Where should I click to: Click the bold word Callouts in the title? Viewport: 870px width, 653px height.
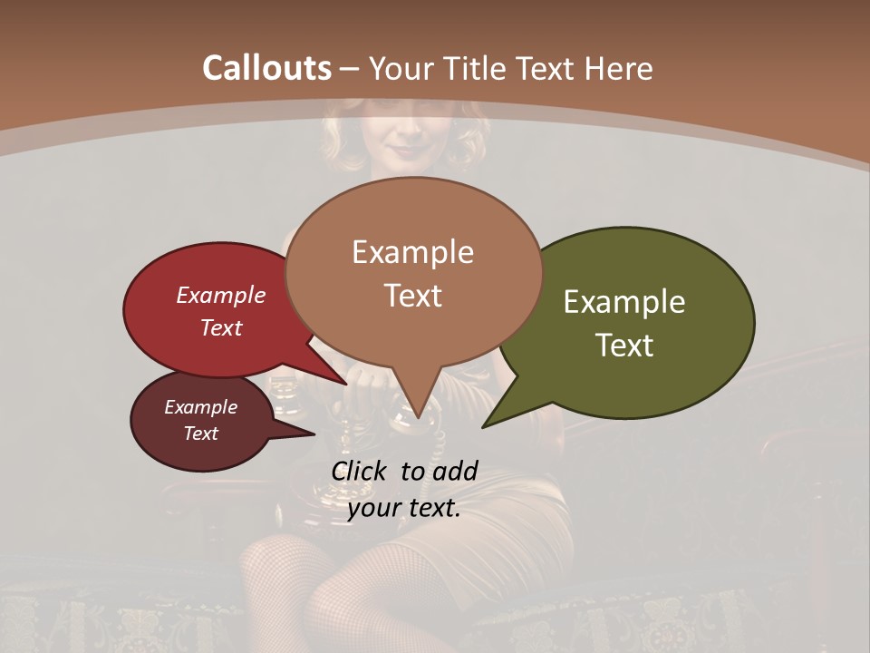click(266, 68)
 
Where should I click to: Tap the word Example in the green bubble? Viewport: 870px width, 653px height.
click(624, 302)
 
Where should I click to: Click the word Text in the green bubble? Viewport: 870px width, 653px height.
click(624, 346)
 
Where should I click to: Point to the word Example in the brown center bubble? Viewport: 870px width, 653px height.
click(412, 252)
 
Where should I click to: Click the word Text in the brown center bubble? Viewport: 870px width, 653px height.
click(412, 296)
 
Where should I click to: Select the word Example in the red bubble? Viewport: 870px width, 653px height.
click(220, 296)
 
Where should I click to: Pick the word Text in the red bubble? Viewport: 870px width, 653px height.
click(220, 327)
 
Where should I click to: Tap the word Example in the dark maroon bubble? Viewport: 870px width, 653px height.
click(200, 407)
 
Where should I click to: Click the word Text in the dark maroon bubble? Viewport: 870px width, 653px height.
click(200, 434)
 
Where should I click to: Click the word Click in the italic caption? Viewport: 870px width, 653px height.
click(361, 471)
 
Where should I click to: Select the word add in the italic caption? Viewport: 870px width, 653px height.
click(455, 471)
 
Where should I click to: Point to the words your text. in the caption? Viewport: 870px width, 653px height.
click(404, 508)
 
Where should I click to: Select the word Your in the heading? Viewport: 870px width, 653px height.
click(401, 68)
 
